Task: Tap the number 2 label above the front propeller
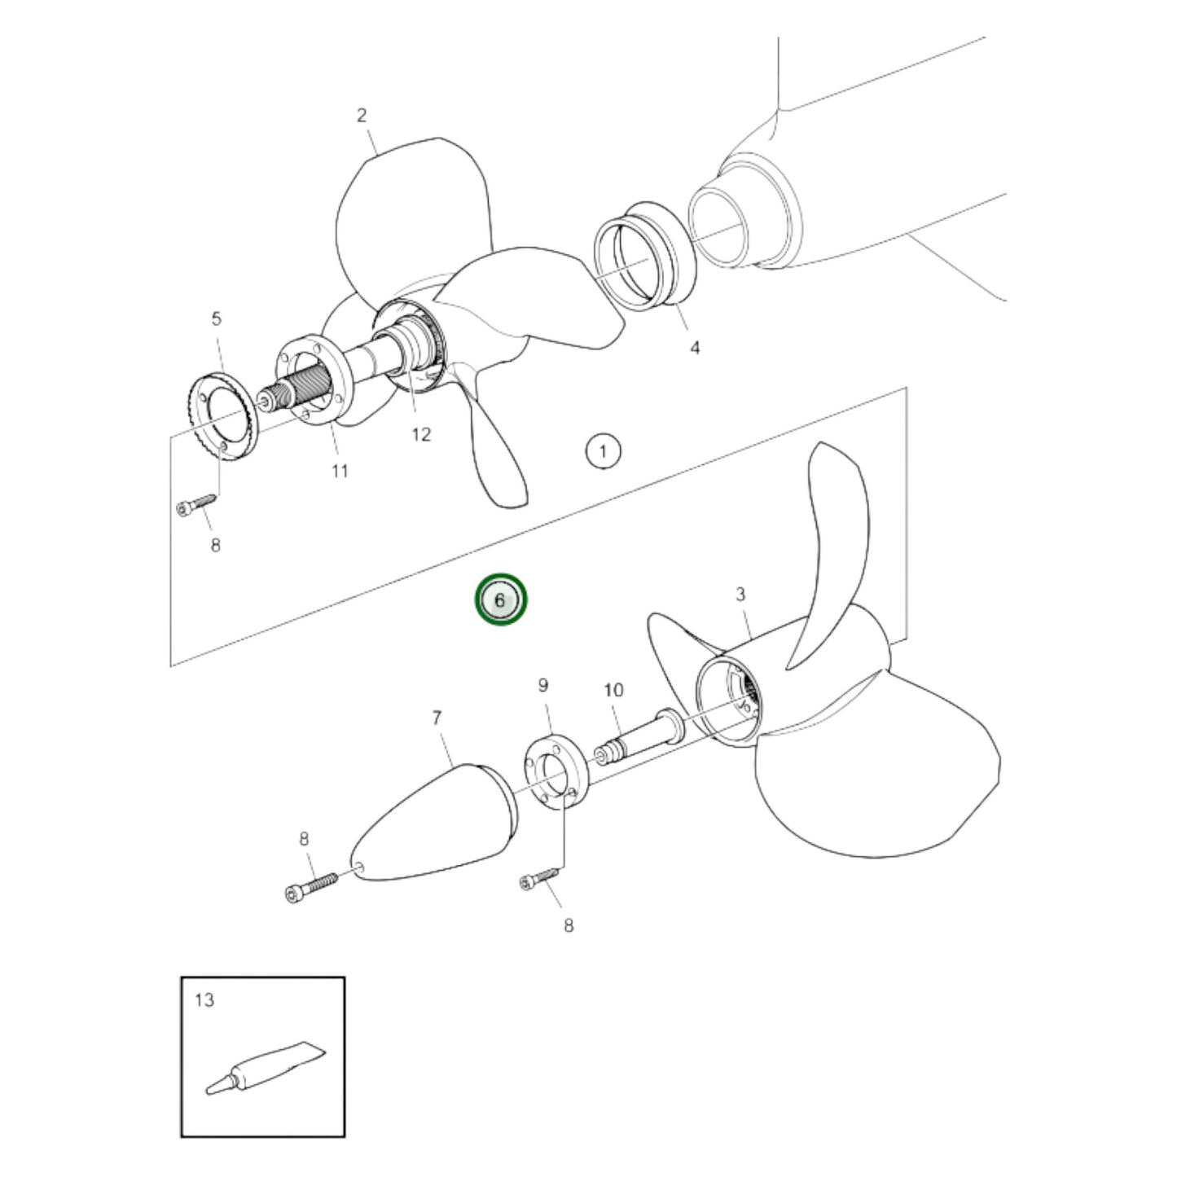[x=362, y=116]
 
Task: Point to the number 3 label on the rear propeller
[x=740, y=595]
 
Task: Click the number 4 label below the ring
[x=694, y=348]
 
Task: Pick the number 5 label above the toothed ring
[x=216, y=318]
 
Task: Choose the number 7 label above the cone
[x=437, y=718]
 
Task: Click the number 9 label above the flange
[x=543, y=686]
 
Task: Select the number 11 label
[x=340, y=471]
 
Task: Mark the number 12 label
[x=420, y=434]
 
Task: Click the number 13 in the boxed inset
[x=204, y=999]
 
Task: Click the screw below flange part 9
[x=539, y=878]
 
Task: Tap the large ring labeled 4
[x=645, y=255]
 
